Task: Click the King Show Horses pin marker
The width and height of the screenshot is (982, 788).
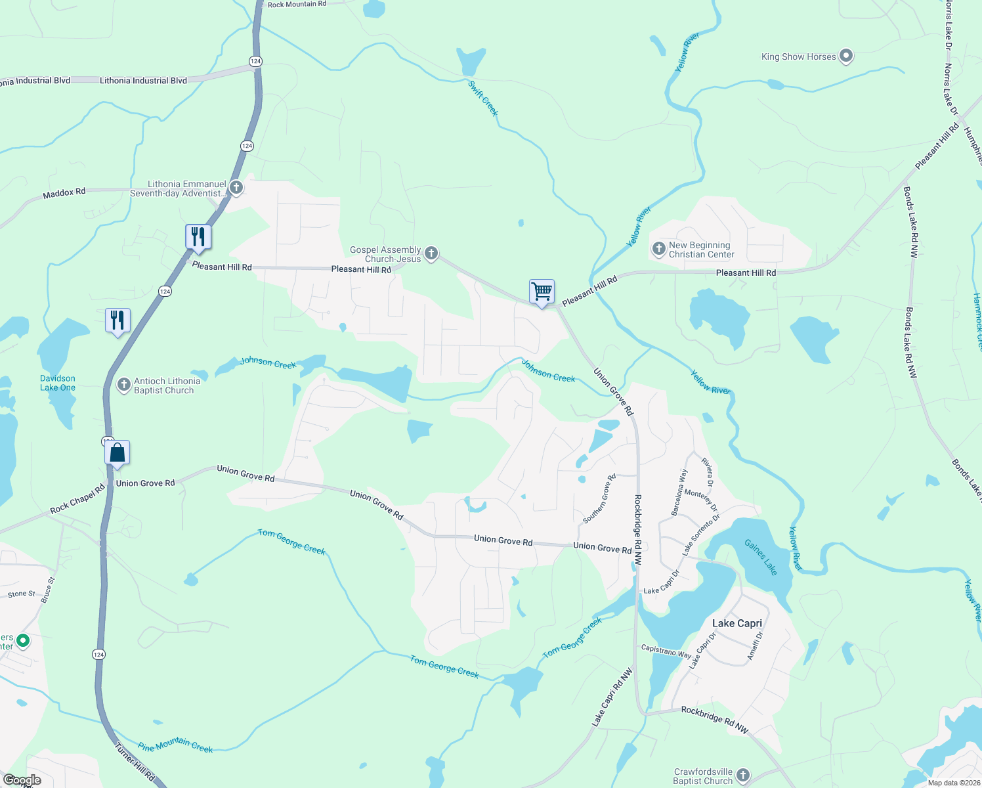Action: (846, 56)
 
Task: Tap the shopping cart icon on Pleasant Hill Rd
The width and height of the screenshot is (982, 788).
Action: (542, 292)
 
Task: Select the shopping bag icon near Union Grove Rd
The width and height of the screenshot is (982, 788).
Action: (117, 453)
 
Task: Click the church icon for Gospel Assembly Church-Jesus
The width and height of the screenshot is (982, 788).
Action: (431, 253)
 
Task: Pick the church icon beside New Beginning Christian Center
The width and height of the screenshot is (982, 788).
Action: (658, 250)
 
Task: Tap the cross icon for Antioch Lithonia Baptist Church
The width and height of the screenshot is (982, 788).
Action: (123, 385)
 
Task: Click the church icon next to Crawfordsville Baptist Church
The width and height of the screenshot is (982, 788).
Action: (742, 776)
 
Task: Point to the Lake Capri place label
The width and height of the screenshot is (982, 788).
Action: (737, 623)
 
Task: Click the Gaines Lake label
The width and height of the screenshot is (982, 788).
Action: (761, 557)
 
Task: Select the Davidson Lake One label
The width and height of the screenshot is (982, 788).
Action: (58, 383)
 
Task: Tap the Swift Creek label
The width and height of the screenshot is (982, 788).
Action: (483, 98)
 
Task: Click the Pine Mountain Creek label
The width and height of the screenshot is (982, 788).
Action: (175, 745)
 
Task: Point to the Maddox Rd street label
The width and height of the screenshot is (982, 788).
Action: (64, 193)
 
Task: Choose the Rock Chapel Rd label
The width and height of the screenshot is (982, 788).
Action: (77, 500)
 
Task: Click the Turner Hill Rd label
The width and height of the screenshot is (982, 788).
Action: (135, 762)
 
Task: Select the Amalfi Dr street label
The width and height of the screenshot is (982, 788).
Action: (756, 647)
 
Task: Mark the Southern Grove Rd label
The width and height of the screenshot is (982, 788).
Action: (599, 498)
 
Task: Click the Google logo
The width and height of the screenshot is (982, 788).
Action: (22, 780)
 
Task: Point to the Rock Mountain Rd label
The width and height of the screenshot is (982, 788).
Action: (297, 5)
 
